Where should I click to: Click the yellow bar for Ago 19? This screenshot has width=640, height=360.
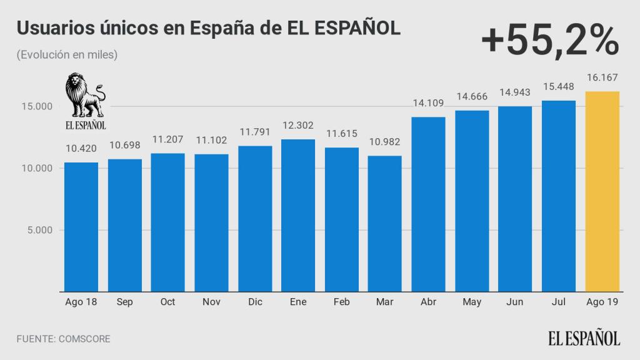[x=602, y=191]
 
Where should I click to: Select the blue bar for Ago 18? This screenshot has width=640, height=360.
[x=81, y=227]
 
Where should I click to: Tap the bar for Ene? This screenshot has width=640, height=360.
[x=298, y=215]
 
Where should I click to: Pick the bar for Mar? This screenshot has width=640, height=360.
[x=385, y=223]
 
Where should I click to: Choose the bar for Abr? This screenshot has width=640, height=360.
[x=428, y=204]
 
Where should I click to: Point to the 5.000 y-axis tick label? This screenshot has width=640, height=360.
[x=39, y=230]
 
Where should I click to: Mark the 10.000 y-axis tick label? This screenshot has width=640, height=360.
[x=36, y=169]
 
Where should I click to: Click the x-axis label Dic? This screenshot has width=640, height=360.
[x=254, y=302]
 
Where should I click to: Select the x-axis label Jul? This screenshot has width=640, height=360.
[x=559, y=302]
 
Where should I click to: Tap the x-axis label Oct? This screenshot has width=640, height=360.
[x=167, y=302]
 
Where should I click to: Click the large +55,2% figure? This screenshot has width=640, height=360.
[x=549, y=41]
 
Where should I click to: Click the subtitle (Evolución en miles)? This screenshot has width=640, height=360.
[x=67, y=55]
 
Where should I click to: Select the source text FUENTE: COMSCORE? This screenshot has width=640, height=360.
[x=64, y=339]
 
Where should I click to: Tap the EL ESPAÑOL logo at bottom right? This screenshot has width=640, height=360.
[x=585, y=338]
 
